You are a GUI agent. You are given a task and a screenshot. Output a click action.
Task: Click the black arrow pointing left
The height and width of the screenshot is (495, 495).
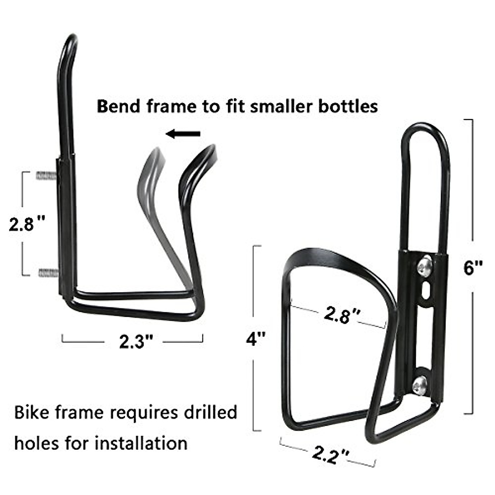pos(183,134)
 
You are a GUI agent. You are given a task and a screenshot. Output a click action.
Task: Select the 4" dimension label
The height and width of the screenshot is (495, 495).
pos(256,339)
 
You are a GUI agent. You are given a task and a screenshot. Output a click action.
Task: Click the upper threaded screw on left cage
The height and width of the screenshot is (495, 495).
pos(47,175)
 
